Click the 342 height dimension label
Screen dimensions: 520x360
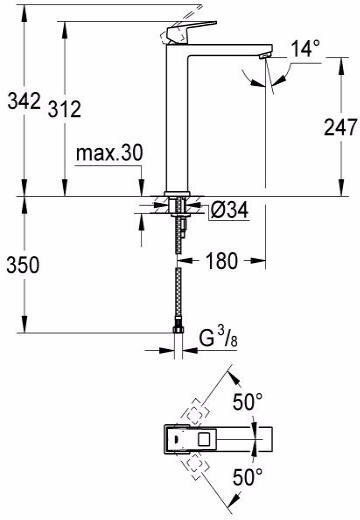[22, 101]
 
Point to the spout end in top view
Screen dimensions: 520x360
[268, 437]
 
